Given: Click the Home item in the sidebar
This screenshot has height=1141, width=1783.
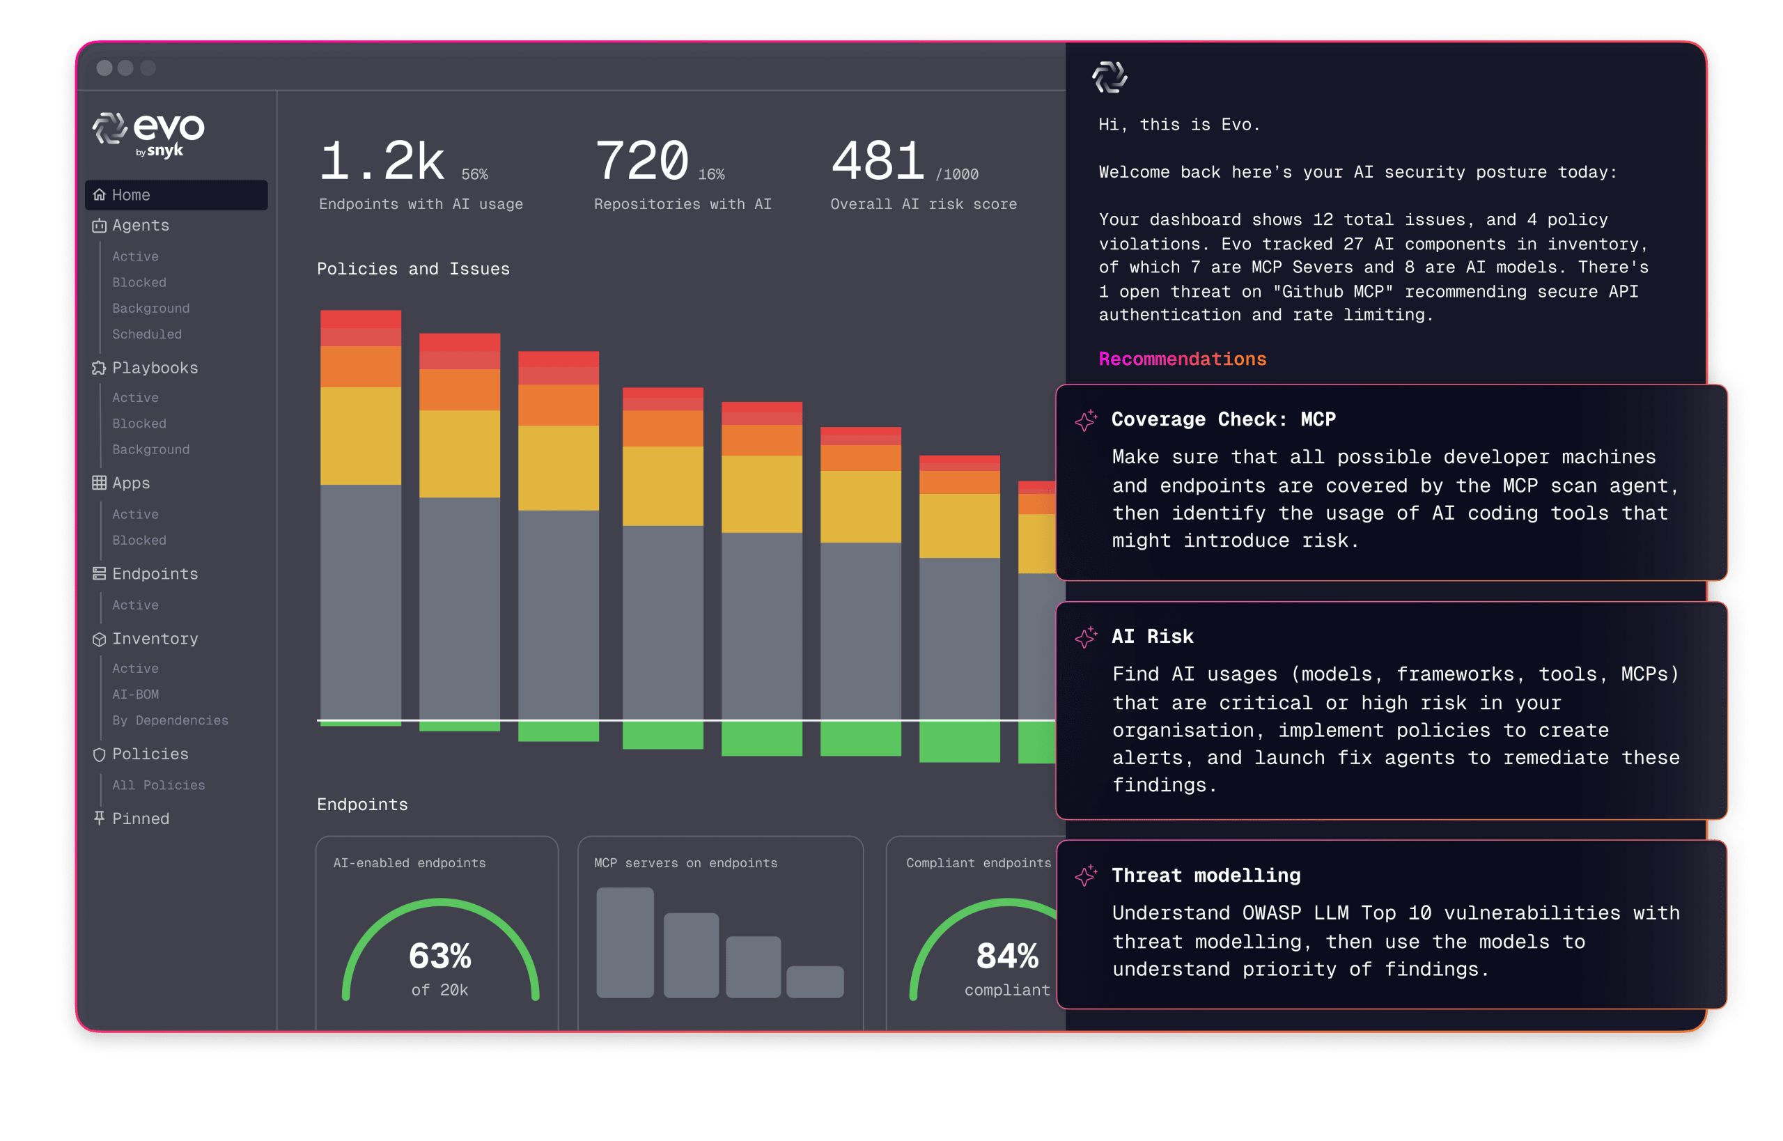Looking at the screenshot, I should click(x=130, y=195).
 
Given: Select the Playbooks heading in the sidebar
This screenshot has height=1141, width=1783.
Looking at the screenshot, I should click(x=155, y=368).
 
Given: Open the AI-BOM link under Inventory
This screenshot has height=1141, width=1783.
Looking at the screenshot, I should click(x=136, y=694).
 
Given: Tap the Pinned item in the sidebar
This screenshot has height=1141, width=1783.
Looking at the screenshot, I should click(x=140, y=818).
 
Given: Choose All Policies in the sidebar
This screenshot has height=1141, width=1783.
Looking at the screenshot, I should click(x=159, y=785).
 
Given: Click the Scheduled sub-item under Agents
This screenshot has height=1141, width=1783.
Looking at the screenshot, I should click(x=147, y=334).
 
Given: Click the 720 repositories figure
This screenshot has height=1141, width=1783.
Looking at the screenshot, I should click(x=641, y=162).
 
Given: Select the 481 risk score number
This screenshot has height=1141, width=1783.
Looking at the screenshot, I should click(x=878, y=162).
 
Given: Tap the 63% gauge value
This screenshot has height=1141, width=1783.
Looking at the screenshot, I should click(x=440, y=956).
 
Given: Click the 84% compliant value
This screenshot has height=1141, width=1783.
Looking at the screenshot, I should click(x=1007, y=956).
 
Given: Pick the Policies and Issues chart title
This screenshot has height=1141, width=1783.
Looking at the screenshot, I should click(x=413, y=269).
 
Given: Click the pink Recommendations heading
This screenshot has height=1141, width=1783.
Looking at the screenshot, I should click(x=1182, y=359).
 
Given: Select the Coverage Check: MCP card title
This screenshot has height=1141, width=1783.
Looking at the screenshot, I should click(x=1223, y=419).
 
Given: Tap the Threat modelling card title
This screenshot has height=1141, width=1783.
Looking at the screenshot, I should click(x=1206, y=876).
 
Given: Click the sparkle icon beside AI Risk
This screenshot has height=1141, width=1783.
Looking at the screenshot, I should click(x=1086, y=637).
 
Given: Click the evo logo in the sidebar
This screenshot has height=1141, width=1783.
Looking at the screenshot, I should click(x=148, y=133).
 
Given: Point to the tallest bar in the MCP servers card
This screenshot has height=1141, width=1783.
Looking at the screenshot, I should click(x=625, y=942).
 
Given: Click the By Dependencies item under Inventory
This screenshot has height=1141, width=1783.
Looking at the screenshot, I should click(x=170, y=720).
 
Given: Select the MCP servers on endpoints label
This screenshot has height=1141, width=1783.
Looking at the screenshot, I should click(x=685, y=863).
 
